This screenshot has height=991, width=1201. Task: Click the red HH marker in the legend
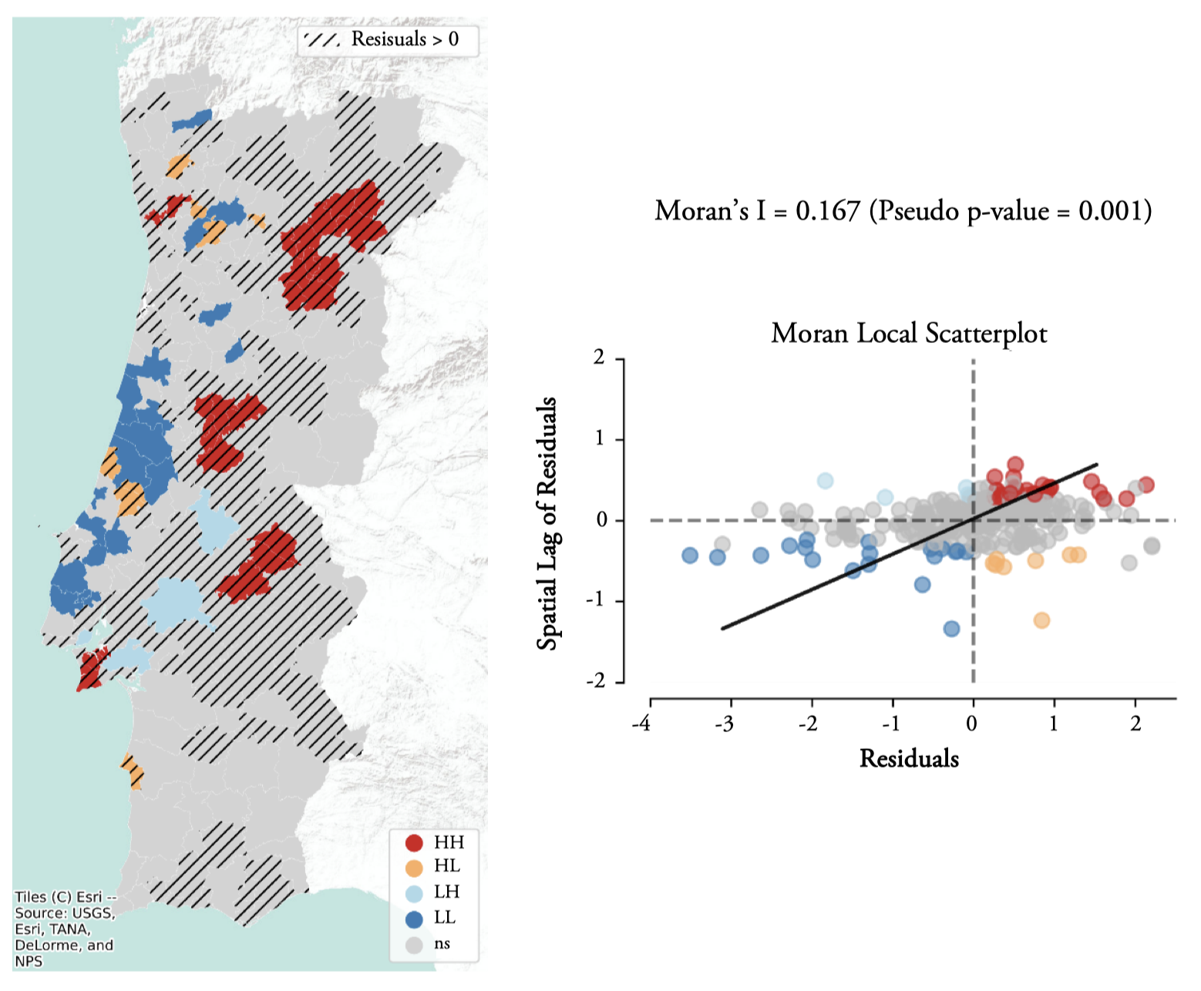[415, 842]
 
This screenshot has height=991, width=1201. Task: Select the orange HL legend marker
[415, 868]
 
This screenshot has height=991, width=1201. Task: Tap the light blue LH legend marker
[415, 893]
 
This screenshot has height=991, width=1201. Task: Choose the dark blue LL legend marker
[415, 919]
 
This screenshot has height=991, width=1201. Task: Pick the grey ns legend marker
[415, 944]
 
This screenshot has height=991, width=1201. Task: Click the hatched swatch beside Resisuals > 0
[321, 40]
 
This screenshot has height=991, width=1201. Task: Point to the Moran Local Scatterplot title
[909, 334]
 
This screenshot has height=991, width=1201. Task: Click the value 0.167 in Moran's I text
[827, 210]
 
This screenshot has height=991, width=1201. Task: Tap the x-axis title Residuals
[909, 758]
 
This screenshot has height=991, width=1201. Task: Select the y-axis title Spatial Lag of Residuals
[547, 523]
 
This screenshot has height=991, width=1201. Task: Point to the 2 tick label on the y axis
[598, 359]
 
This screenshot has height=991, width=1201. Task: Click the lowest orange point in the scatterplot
[1041, 620]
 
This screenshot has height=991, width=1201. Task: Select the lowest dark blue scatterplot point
[951, 629]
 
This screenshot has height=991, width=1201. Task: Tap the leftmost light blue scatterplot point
[825, 481]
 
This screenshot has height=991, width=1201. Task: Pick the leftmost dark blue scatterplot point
[690, 555]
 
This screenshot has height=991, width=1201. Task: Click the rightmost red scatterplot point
[1146, 485]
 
